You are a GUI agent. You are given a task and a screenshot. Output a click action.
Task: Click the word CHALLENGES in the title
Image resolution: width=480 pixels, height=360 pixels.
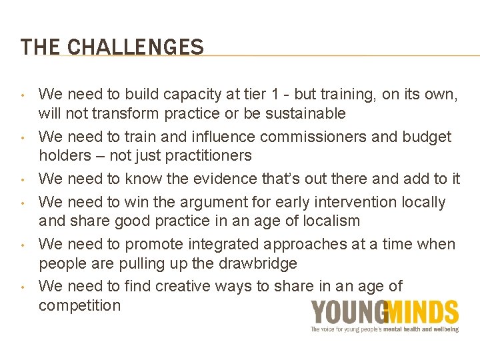coord(136,47)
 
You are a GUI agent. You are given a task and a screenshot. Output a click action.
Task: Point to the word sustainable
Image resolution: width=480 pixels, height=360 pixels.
coord(305,113)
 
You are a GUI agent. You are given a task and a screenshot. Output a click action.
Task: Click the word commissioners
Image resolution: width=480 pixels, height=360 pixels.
coord(311,137)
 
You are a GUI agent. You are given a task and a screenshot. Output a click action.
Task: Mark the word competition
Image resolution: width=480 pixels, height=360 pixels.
coord(80,305)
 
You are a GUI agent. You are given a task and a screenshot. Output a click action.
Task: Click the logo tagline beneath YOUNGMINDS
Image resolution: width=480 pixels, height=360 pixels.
coord(385,329)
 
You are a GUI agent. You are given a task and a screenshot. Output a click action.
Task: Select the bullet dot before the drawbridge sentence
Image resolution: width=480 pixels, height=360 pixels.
coord(23,244)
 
